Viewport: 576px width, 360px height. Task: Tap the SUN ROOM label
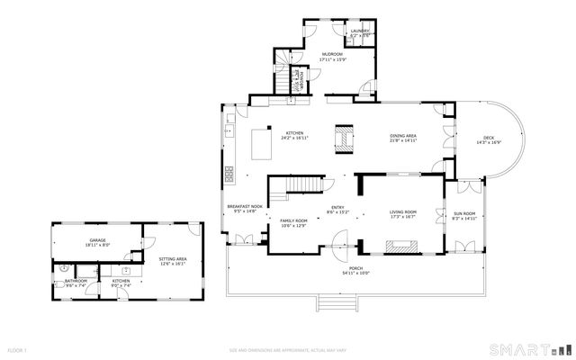click(x=463, y=212)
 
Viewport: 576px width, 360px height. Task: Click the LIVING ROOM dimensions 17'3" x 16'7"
click(x=402, y=217)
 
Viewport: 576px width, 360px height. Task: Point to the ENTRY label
click(x=337, y=208)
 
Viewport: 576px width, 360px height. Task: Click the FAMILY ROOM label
click(x=293, y=220)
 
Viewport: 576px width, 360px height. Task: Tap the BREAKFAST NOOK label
click(x=245, y=206)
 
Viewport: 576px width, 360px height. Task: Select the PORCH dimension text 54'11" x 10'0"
click(x=355, y=274)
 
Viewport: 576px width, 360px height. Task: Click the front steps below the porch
click(x=334, y=303)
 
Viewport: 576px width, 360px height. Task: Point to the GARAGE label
click(x=97, y=240)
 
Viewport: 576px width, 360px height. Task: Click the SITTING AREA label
click(x=172, y=260)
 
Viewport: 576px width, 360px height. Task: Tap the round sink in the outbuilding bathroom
click(x=64, y=267)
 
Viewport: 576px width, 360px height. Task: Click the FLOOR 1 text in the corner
click(x=17, y=349)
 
